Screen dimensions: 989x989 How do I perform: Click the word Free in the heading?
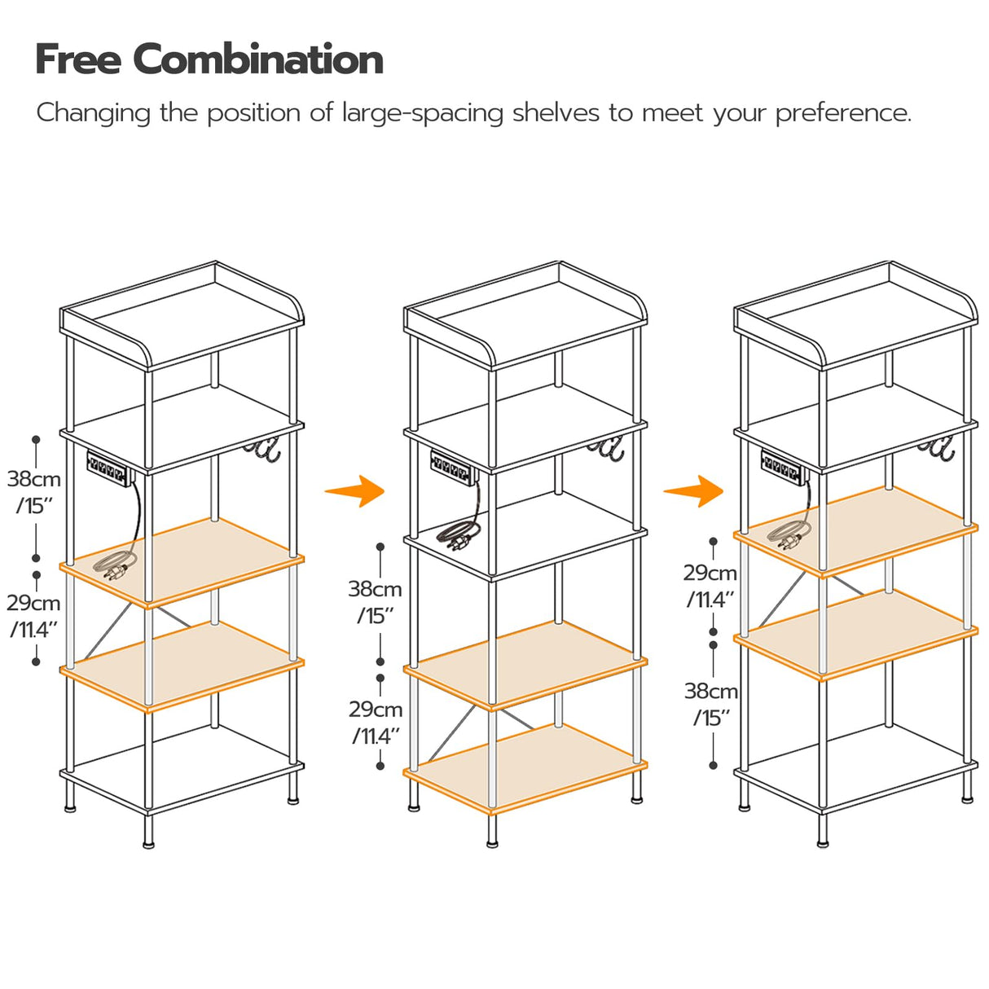pyautogui.click(x=77, y=59)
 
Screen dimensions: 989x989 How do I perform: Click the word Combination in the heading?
pyautogui.click(x=257, y=59)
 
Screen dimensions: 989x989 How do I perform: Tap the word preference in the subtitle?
pyautogui.click(x=842, y=112)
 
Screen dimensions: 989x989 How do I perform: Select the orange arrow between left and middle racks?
pyautogui.click(x=355, y=490)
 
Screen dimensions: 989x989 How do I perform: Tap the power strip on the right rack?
pyautogui.click(x=785, y=466)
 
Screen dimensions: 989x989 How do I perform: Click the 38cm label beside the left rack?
pyautogui.click(x=34, y=479)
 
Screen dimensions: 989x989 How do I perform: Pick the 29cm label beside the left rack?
pyautogui.click(x=34, y=603)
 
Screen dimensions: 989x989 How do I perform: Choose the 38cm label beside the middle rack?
pyautogui.click(x=375, y=588)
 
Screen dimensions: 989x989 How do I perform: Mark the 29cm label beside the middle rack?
pyautogui.click(x=376, y=709)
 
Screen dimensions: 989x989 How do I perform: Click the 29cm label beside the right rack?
pyautogui.click(x=710, y=574)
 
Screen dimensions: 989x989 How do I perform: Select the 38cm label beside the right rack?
pyautogui.click(x=710, y=691)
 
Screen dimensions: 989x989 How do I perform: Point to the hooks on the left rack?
pyautogui.click(x=263, y=451)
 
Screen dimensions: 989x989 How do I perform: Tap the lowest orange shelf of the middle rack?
pyautogui.click(x=525, y=767)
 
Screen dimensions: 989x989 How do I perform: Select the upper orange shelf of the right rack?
pyautogui.click(x=855, y=530)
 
